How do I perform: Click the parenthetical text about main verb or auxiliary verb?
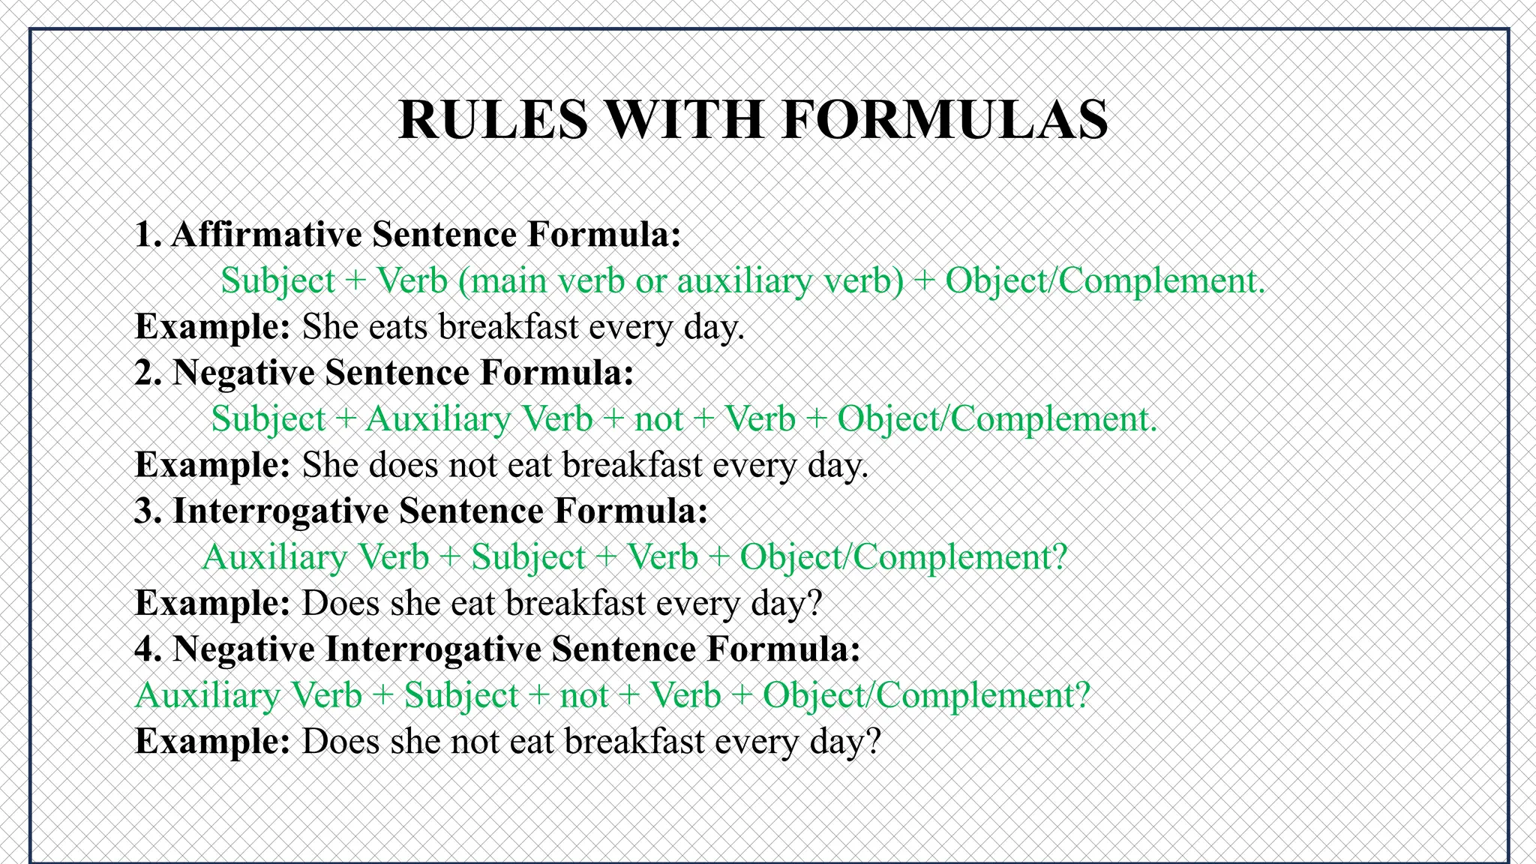click(681, 281)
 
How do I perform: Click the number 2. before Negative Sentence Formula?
click(148, 373)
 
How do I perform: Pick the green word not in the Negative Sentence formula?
click(658, 419)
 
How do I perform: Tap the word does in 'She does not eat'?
click(403, 465)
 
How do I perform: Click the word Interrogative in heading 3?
click(280, 511)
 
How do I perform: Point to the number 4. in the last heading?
click(148, 649)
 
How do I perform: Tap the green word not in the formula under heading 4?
click(583, 695)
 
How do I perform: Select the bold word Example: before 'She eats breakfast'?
click(212, 327)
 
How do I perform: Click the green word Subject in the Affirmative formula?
click(277, 281)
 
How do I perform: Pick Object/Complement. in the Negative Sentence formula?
click(997, 419)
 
